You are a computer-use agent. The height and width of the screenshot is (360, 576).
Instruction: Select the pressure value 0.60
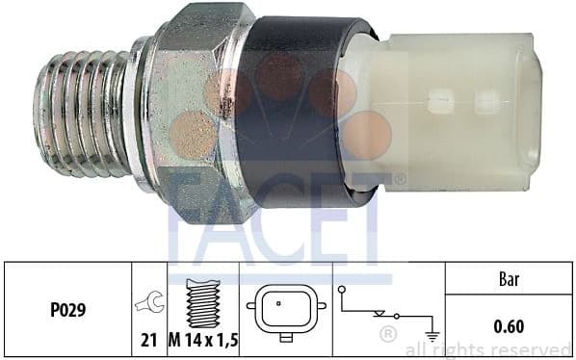[x=508, y=326]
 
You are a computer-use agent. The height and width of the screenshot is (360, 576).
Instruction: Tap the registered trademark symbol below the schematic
[x=388, y=335]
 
